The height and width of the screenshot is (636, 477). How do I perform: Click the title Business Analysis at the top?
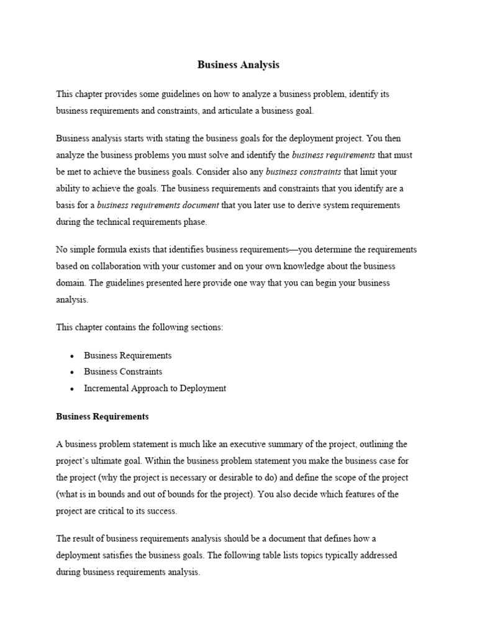tap(238, 65)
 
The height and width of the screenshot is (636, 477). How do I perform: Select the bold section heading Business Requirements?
tap(102, 417)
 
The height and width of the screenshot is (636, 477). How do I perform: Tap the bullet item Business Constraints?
tap(123, 371)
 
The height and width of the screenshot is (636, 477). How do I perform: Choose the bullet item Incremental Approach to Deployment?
tap(155, 388)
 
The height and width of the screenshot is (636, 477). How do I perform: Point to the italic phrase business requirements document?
tap(158, 205)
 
